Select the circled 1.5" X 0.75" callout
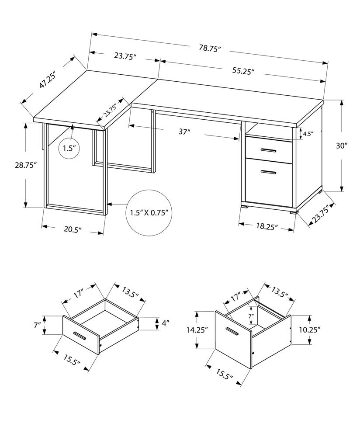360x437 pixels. pyautogui.click(x=149, y=213)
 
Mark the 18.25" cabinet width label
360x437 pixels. pyautogui.click(x=266, y=226)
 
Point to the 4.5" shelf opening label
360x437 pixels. pyautogui.click(x=308, y=134)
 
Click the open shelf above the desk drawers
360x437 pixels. pyautogui.click(x=267, y=132)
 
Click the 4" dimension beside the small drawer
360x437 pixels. pyautogui.click(x=166, y=324)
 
